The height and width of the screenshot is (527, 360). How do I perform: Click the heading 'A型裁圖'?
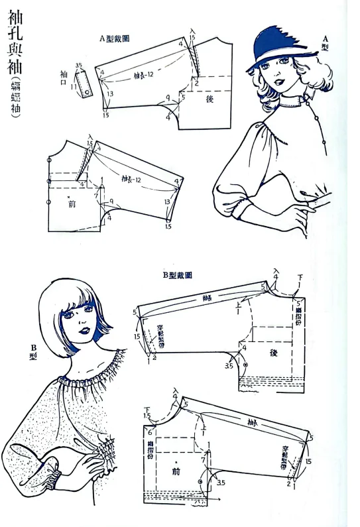pos(113,38)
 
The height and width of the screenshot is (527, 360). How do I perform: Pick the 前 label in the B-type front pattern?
pos(175,471)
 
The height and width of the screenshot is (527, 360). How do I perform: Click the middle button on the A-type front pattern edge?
pos(48,180)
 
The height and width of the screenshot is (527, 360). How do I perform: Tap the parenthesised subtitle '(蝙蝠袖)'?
pos(15,98)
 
